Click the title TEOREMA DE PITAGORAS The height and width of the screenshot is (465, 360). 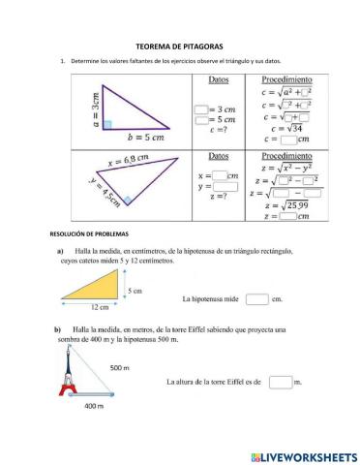pyautogui.click(x=180, y=46)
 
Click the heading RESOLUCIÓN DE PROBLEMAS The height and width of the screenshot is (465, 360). pyautogui.click(x=88, y=234)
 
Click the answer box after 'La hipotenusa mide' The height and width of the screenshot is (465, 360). pyautogui.click(x=256, y=299)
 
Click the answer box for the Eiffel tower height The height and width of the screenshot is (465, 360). pyautogui.click(x=280, y=383)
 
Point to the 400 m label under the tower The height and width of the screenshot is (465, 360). pyautogui.click(x=93, y=406)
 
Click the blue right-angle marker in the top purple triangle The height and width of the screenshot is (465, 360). pyautogui.click(x=108, y=125)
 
